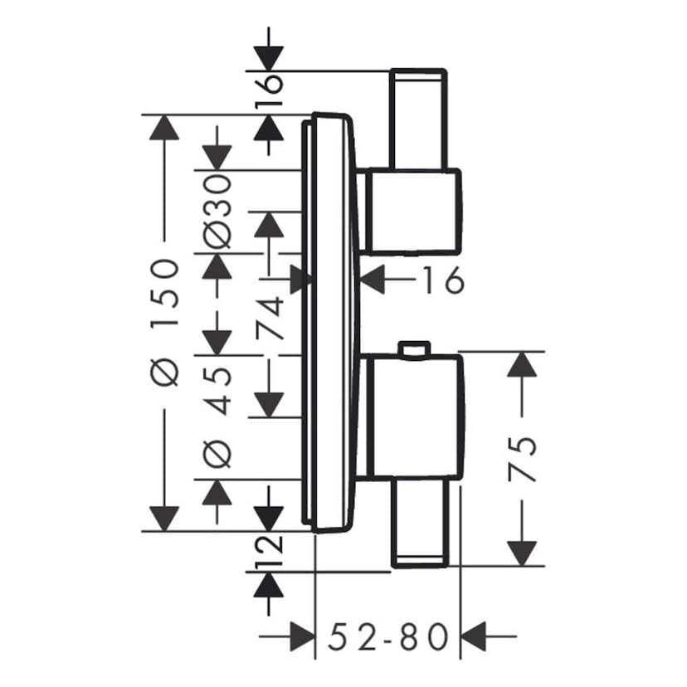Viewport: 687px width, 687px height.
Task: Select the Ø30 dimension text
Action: tap(217, 211)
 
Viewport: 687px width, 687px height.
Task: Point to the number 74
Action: tap(270, 318)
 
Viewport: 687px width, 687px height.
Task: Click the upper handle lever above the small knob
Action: tap(418, 119)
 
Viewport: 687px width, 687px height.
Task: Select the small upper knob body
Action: tap(412, 211)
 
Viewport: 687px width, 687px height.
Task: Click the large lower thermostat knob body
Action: tap(412, 417)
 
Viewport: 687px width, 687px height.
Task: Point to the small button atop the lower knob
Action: tap(413, 349)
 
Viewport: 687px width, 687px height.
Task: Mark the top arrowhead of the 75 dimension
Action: tap(521, 366)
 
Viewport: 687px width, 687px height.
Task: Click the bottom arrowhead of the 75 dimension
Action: tap(521, 552)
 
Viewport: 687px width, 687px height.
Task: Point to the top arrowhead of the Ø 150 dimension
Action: tap(165, 128)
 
